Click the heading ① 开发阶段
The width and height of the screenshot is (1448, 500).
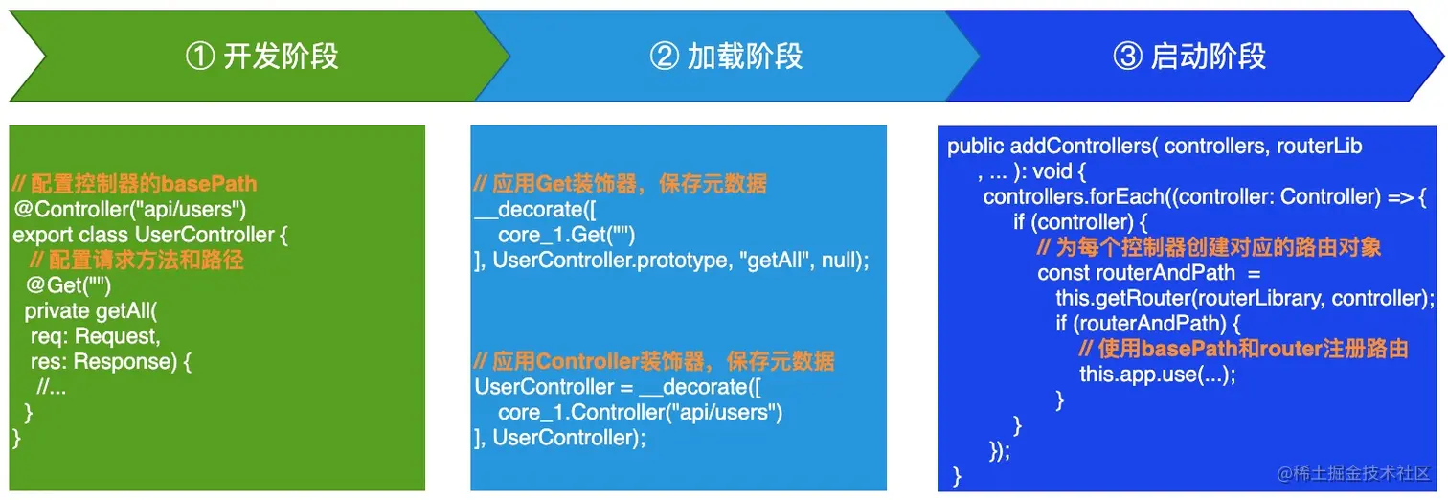(261, 57)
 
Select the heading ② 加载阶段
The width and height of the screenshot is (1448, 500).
(726, 57)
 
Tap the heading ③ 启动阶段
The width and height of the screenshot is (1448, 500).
(1189, 57)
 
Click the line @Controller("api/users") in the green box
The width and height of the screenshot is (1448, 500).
(130, 210)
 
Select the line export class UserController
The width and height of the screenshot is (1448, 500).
(150, 235)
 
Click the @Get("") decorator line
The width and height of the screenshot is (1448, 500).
(69, 285)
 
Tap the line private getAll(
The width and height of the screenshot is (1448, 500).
(90, 311)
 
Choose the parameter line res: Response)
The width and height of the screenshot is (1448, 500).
(110, 361)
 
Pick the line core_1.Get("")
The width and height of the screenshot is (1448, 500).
(566, 235)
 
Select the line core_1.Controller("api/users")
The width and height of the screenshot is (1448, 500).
(640, 413)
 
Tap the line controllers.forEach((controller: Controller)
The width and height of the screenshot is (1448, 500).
(1183, 196)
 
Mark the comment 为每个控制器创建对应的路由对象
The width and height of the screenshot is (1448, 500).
(1209, 247)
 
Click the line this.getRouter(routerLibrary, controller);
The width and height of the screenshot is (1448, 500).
(1245, 298)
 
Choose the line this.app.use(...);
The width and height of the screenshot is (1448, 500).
(1158, 375)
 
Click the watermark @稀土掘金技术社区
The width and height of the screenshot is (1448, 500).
(1353, 473)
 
